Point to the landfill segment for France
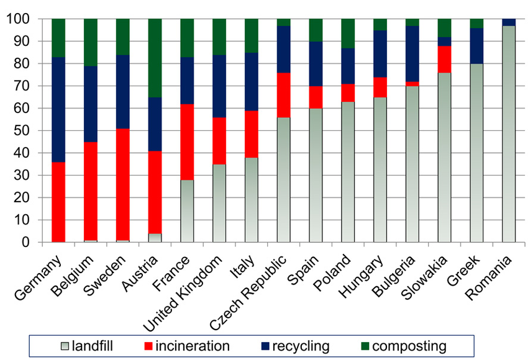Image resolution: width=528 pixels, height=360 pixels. [x=187, y=211]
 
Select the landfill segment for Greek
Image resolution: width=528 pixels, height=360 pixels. [x=476, y=153]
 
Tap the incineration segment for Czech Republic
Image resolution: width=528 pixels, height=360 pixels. [x=284, y=95]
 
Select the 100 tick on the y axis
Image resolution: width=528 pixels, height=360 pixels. [x=18, y=19]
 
